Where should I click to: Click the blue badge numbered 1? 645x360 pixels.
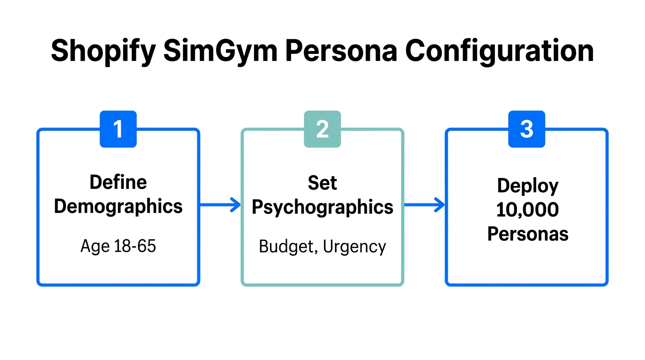point(118,129)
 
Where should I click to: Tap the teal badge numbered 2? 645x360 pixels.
point(322,129)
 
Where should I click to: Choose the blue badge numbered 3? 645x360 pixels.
point(527,129)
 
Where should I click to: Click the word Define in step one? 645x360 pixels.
point(118,182)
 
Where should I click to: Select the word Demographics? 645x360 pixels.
point(118,206)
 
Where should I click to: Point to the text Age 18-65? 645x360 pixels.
point(118,246)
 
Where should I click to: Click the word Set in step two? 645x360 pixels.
point(322,183)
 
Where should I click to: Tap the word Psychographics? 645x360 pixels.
point(322,207)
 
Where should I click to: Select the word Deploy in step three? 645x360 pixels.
point(528,186)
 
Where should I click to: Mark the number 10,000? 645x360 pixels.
point(527,210)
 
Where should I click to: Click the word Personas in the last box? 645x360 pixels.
point(528,233)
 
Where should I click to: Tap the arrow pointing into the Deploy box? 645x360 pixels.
point(424,205)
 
